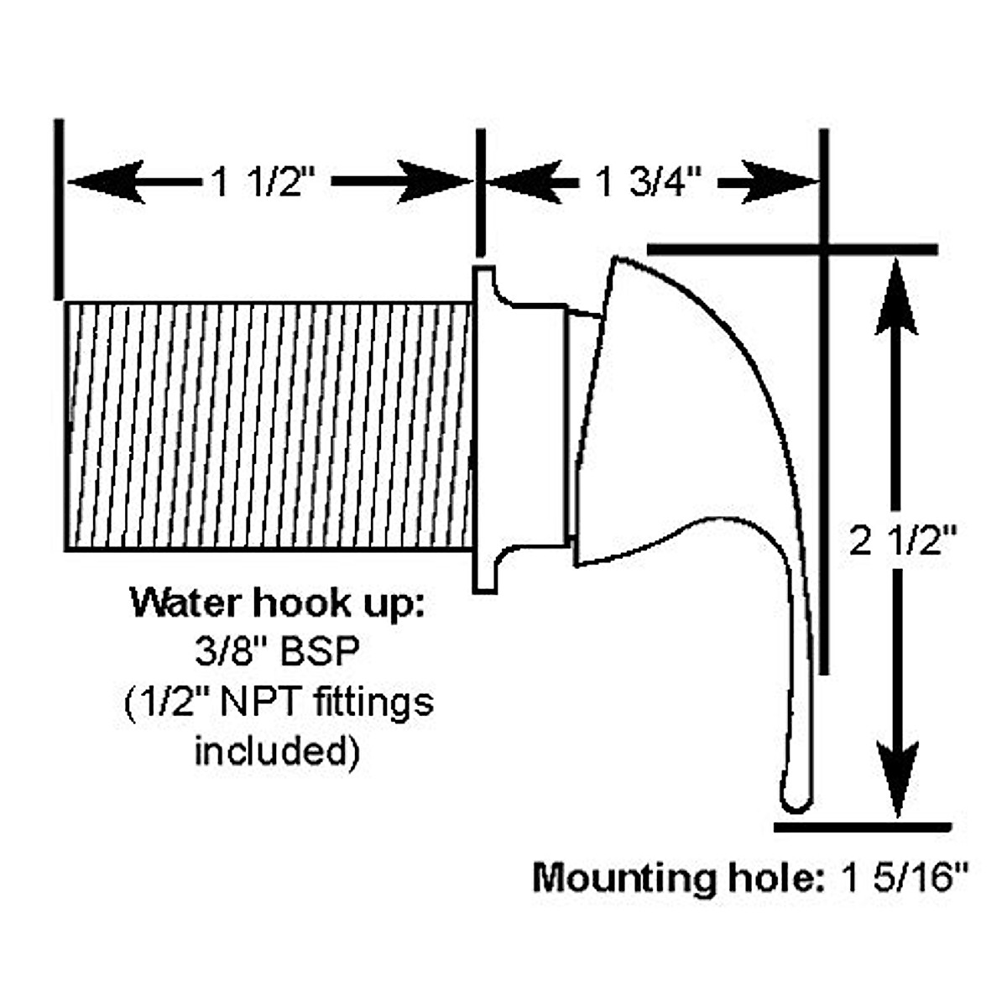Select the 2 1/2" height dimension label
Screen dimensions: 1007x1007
[903, 543]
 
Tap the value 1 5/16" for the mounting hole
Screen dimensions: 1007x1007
[905, 879]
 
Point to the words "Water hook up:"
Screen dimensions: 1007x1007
[277, 603]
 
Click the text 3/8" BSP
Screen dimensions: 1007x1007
[277, 652]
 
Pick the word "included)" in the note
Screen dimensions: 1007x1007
[277, 749]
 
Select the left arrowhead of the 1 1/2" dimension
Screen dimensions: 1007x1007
[105, 181]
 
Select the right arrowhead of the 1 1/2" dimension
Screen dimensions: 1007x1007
[432, 181]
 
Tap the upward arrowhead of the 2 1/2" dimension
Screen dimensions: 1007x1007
[897, 294]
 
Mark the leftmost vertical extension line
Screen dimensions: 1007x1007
[58, 210]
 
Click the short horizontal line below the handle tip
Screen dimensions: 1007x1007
[862, 827]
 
